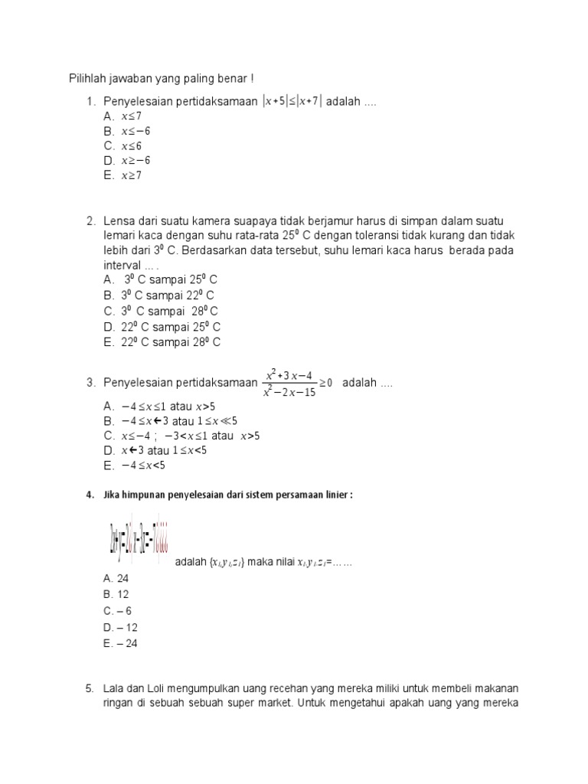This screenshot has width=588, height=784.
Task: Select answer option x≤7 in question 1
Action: point(132,116)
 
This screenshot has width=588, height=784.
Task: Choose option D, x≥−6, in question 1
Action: point(136,160)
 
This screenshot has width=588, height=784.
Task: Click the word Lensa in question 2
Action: point(119,222)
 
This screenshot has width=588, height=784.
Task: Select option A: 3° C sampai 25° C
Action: point(171,280)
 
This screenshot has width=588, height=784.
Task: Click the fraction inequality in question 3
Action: point(298,383)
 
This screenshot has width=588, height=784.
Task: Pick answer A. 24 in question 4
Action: point(116,579)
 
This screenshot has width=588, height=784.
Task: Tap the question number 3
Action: point(90,383)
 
